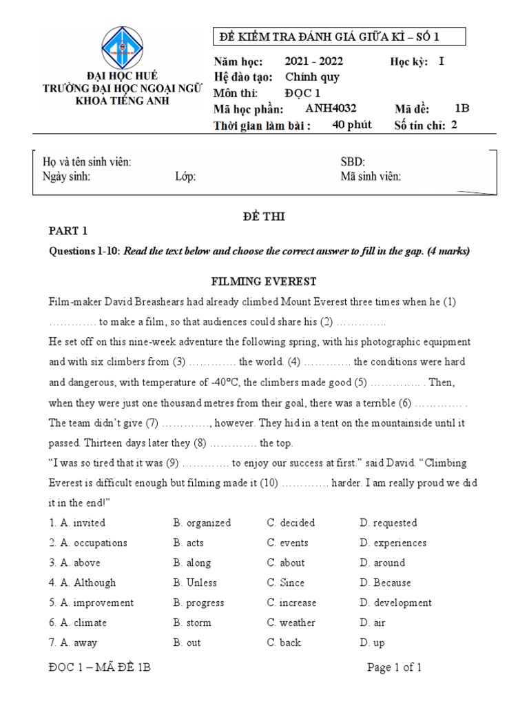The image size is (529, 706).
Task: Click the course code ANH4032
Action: click(x=330, y=108)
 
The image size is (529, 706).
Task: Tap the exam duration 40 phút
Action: click(x=351, y=125)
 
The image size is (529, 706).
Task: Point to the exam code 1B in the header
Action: click(x=461, y=108)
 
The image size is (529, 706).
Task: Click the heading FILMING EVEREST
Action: click(x=264, y=282)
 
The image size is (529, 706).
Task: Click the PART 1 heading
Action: click(x=68, y=231)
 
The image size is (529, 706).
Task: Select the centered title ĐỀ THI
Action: click(x=264, y=216)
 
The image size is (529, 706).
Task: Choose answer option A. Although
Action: click(x=82, y=583)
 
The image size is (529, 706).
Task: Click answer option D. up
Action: click(x=372, y=643)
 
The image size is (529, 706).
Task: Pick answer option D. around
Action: click(x=382, y=563)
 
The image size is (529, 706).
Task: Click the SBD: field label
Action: click(x=353, y=162)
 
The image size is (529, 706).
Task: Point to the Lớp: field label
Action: click(x=185, y=176)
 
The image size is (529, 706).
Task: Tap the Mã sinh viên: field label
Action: click(x=371, y=176)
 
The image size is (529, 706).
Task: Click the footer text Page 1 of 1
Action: click(x=394, y=667)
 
